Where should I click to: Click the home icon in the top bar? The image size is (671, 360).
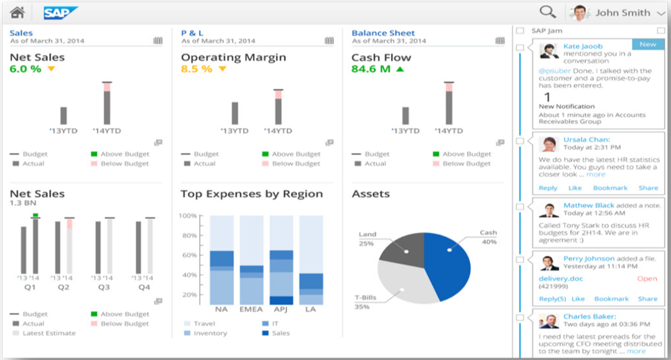17,12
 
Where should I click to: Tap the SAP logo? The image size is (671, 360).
60,12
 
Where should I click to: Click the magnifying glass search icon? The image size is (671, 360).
547,12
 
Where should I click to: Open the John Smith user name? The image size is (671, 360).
623,12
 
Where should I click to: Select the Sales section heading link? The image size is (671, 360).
21,33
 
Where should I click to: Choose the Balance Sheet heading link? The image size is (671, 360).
383,33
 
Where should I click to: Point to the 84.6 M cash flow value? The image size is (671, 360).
370,69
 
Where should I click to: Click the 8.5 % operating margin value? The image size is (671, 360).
196,69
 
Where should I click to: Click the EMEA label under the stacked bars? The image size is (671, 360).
251,310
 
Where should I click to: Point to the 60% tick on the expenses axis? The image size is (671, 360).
188,255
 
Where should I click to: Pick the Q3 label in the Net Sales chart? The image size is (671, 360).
104,288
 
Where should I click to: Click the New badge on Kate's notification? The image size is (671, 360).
648,44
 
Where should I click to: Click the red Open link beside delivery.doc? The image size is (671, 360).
647,278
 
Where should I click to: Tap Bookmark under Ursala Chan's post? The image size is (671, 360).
611,188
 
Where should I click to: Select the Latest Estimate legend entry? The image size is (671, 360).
49,333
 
